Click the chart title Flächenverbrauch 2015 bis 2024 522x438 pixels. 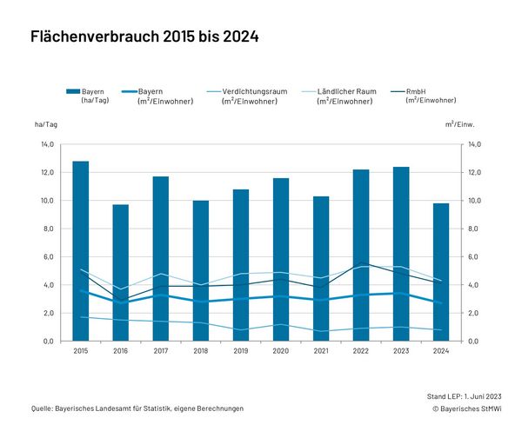click(144, 37)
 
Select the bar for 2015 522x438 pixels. click(81, 251)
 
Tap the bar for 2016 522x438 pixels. click(121, 273)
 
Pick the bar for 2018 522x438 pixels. click(201, 270)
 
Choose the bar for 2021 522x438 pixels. click(321, 269)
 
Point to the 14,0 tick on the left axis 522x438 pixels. click(48, 144)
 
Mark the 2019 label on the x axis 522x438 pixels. click(241, 352)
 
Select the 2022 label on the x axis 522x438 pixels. click(361, 352)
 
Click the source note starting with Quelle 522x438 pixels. click(137, 408)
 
